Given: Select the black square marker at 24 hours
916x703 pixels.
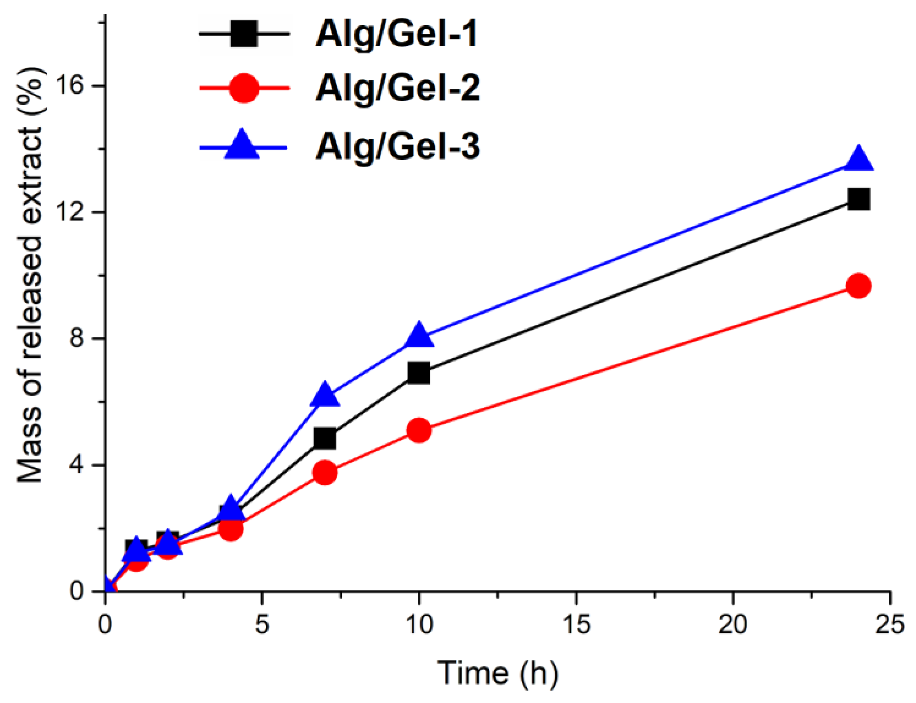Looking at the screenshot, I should [858, 198].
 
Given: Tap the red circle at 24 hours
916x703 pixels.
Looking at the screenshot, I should [858, 286].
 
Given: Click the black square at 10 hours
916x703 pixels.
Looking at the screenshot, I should [418, 373].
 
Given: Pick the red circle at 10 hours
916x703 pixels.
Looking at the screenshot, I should [418, 430].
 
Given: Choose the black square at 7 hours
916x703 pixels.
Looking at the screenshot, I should [324, 439].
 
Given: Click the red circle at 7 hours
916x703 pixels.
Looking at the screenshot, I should [324, 473].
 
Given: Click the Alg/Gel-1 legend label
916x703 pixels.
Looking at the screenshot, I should [396, 34].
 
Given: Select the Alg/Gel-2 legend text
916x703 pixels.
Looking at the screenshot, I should [397, 88].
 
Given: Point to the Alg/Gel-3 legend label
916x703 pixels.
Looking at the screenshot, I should [397, 147].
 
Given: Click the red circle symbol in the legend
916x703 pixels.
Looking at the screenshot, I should [243, 88].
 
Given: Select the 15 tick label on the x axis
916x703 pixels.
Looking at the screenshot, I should [576, 625].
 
